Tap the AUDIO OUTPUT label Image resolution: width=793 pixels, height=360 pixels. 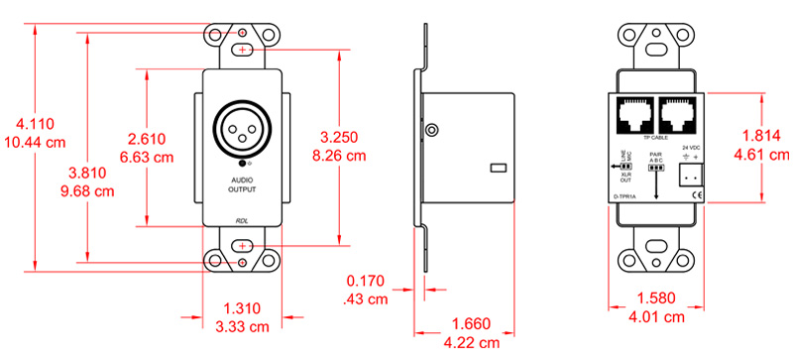pos(243,183)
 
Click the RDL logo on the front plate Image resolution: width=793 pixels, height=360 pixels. pos(243,221)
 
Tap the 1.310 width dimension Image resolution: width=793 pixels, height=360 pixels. pos(242,307)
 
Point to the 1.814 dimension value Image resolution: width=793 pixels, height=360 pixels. pos(763,137)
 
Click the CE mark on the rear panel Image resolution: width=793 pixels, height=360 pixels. pos(697,196)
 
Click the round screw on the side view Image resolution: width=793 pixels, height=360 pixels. pos(431,130)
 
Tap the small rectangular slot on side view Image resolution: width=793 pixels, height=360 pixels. pos(499,168)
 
